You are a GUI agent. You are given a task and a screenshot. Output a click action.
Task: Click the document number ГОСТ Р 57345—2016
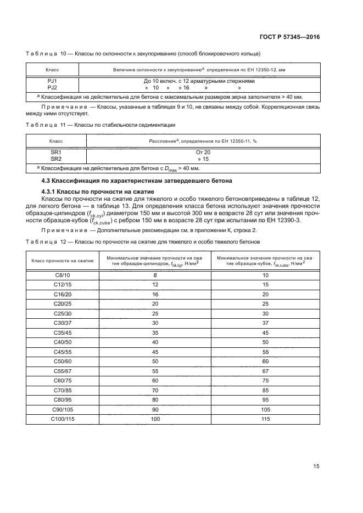289,37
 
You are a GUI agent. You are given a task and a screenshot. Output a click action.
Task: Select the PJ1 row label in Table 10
52,81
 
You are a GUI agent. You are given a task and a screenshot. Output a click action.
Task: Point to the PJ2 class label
52,87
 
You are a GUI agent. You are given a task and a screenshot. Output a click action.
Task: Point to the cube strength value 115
265,419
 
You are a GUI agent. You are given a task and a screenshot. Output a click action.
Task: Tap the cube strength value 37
265,323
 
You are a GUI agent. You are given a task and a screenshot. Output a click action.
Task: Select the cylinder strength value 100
155,419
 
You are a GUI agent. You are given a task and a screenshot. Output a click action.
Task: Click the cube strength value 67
265,371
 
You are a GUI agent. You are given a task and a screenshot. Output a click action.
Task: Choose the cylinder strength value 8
155,274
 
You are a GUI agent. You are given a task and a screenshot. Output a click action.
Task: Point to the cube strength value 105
265,410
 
